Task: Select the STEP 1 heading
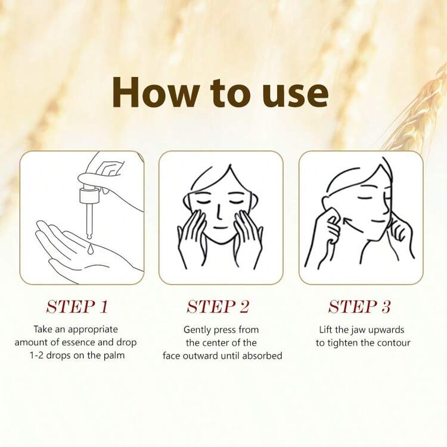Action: pyautogui.click(x=77, y=307)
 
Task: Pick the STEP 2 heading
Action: pyautogui.click(x=218, y=307)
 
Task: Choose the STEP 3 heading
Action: pyautogui.click(x=359, y=307)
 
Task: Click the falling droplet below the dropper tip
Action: pyautogui.click(x=91, y=249)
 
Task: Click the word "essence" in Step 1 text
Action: pyautogui.click(x=79, y=342)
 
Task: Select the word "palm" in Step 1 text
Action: pyautogui.click(x=114, y=356)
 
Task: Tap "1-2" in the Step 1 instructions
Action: pyautogui.click(x=36, y=355)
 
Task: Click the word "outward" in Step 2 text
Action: pyautogui.click(x=201, y=355)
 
